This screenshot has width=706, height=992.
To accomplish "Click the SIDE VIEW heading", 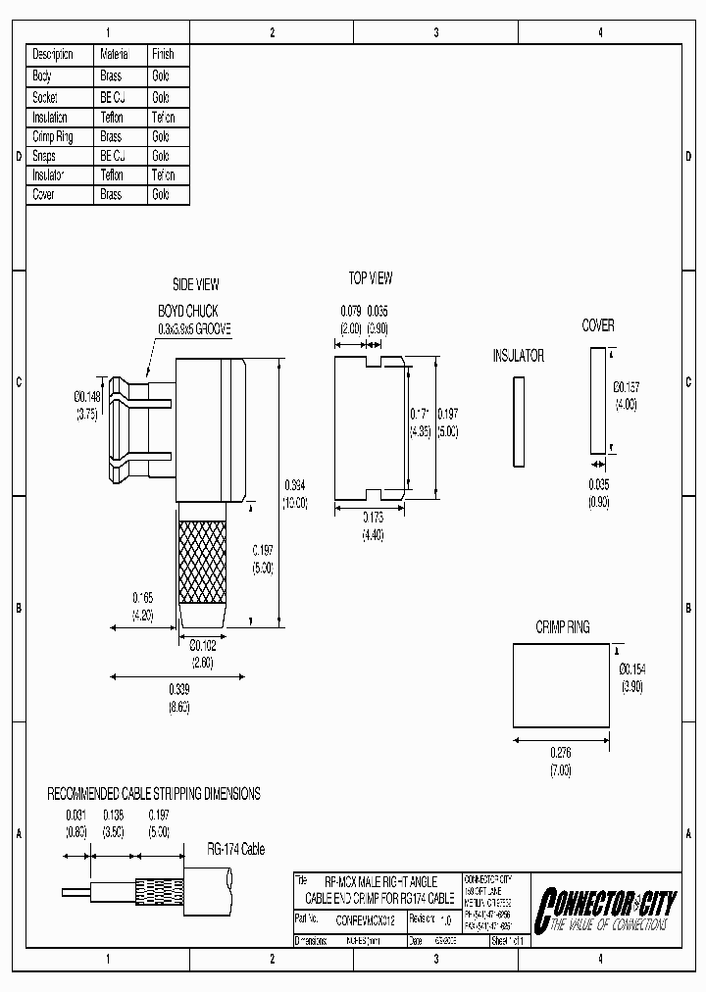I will click(196, 284).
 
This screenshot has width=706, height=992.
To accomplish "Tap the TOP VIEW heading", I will click(371, 278).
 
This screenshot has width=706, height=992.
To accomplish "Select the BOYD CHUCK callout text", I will click(188, 312).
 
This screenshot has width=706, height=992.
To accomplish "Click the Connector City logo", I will click(602, 908).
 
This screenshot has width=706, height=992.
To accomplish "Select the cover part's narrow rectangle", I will click(597, 398).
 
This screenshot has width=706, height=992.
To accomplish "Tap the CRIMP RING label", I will click(562, 626).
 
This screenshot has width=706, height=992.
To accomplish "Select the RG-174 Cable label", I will click(235, 850).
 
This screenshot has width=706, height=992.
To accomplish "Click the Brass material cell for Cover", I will click(111, 195).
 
